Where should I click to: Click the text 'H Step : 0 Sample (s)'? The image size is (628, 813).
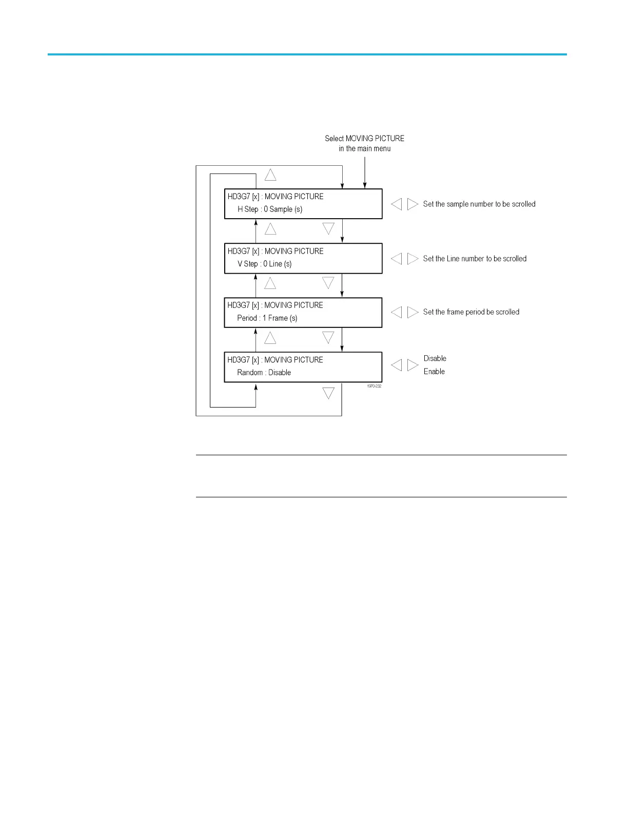tap(270, 209)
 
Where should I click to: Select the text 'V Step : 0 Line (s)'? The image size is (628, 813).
tap(265, 264)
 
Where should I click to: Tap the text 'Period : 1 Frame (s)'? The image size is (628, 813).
tap(267, 318)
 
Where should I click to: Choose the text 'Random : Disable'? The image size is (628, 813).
tap(264, 373)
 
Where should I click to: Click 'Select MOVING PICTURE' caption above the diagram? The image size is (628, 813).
tap(364, 139)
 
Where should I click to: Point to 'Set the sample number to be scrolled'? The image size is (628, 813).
tap(479, 204)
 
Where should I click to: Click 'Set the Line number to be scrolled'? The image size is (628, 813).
tap(475, 259)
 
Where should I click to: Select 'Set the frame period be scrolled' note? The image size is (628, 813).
tap(471, 312)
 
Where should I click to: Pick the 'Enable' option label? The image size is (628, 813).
tap(434, 372)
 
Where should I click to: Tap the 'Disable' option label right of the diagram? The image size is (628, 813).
tap(435, 359)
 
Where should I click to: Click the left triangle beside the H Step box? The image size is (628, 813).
tap(396, 204)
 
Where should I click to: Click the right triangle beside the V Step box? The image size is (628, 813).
tap(413, 259)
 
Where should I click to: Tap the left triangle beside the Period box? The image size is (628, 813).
tap(396, 312)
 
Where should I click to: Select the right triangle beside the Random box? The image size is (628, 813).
tap(413, 365)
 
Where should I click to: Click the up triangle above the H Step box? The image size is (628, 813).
tap(270, 175)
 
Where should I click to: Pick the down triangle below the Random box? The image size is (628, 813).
tap(328, 393)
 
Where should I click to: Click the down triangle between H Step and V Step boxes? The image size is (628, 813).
tap(328, 228)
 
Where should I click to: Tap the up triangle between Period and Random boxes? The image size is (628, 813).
tap(270, 338)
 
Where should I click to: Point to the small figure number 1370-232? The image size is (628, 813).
tap(374, 386)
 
